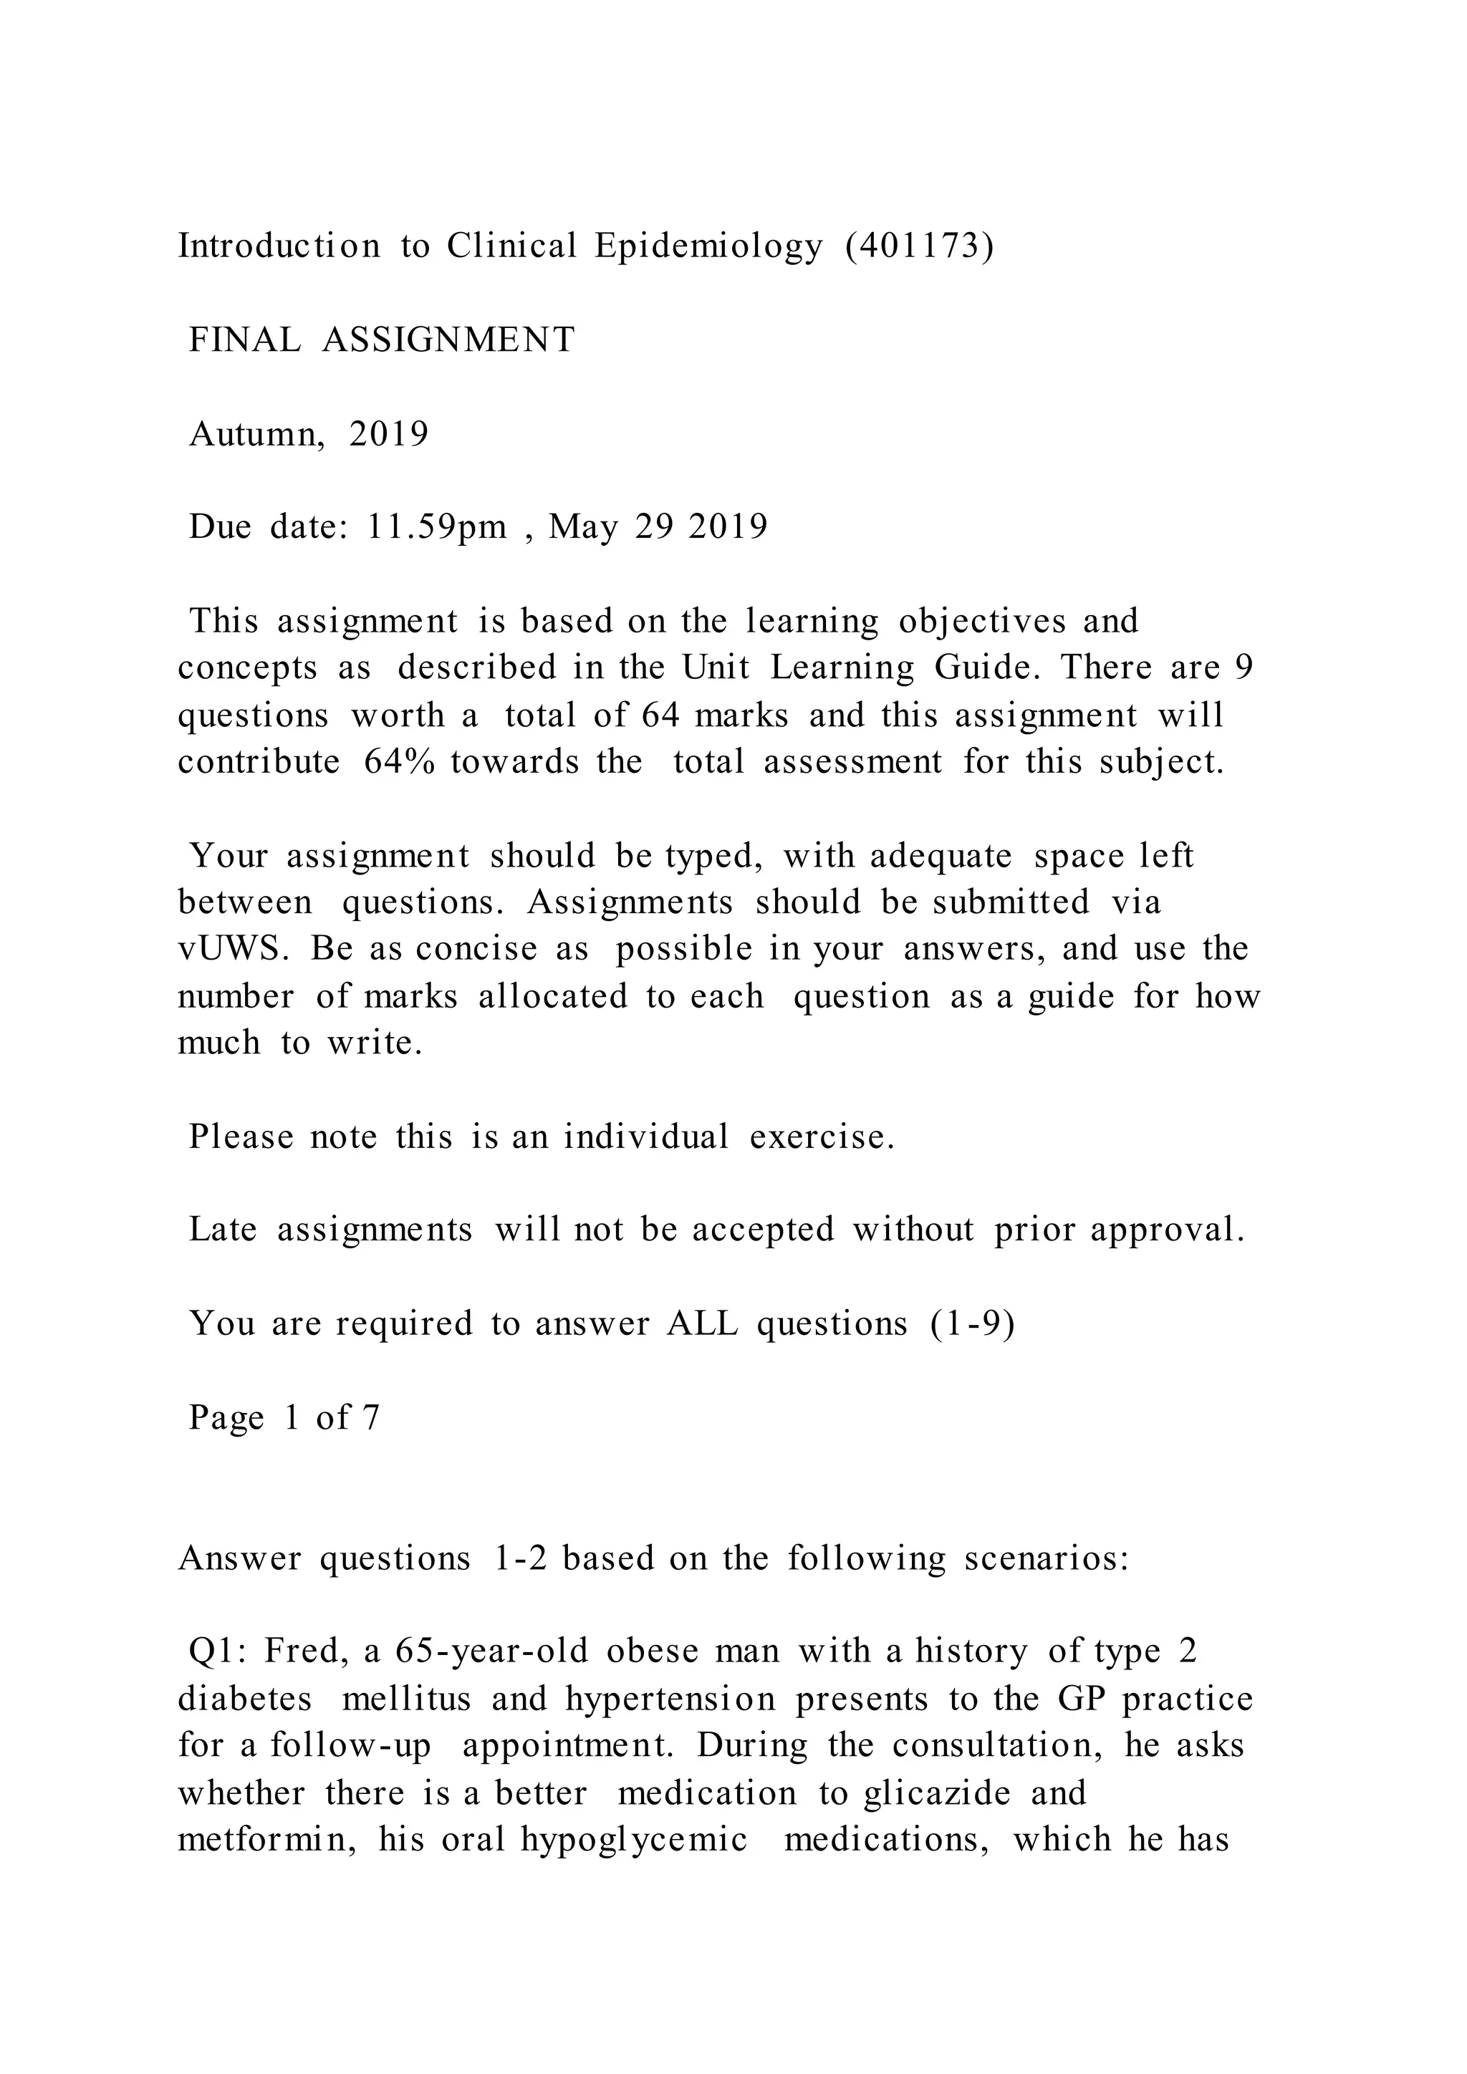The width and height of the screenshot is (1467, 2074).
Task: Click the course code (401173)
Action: (920, 246)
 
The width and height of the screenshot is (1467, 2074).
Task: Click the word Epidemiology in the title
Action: (708, 246)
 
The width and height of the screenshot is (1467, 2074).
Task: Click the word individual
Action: (646, 1137)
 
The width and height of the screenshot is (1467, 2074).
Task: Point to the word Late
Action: (222, 1230)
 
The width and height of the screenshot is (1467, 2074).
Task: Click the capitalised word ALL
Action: (702, 1324)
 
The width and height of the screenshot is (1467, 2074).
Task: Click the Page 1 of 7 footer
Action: (284, 1418)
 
